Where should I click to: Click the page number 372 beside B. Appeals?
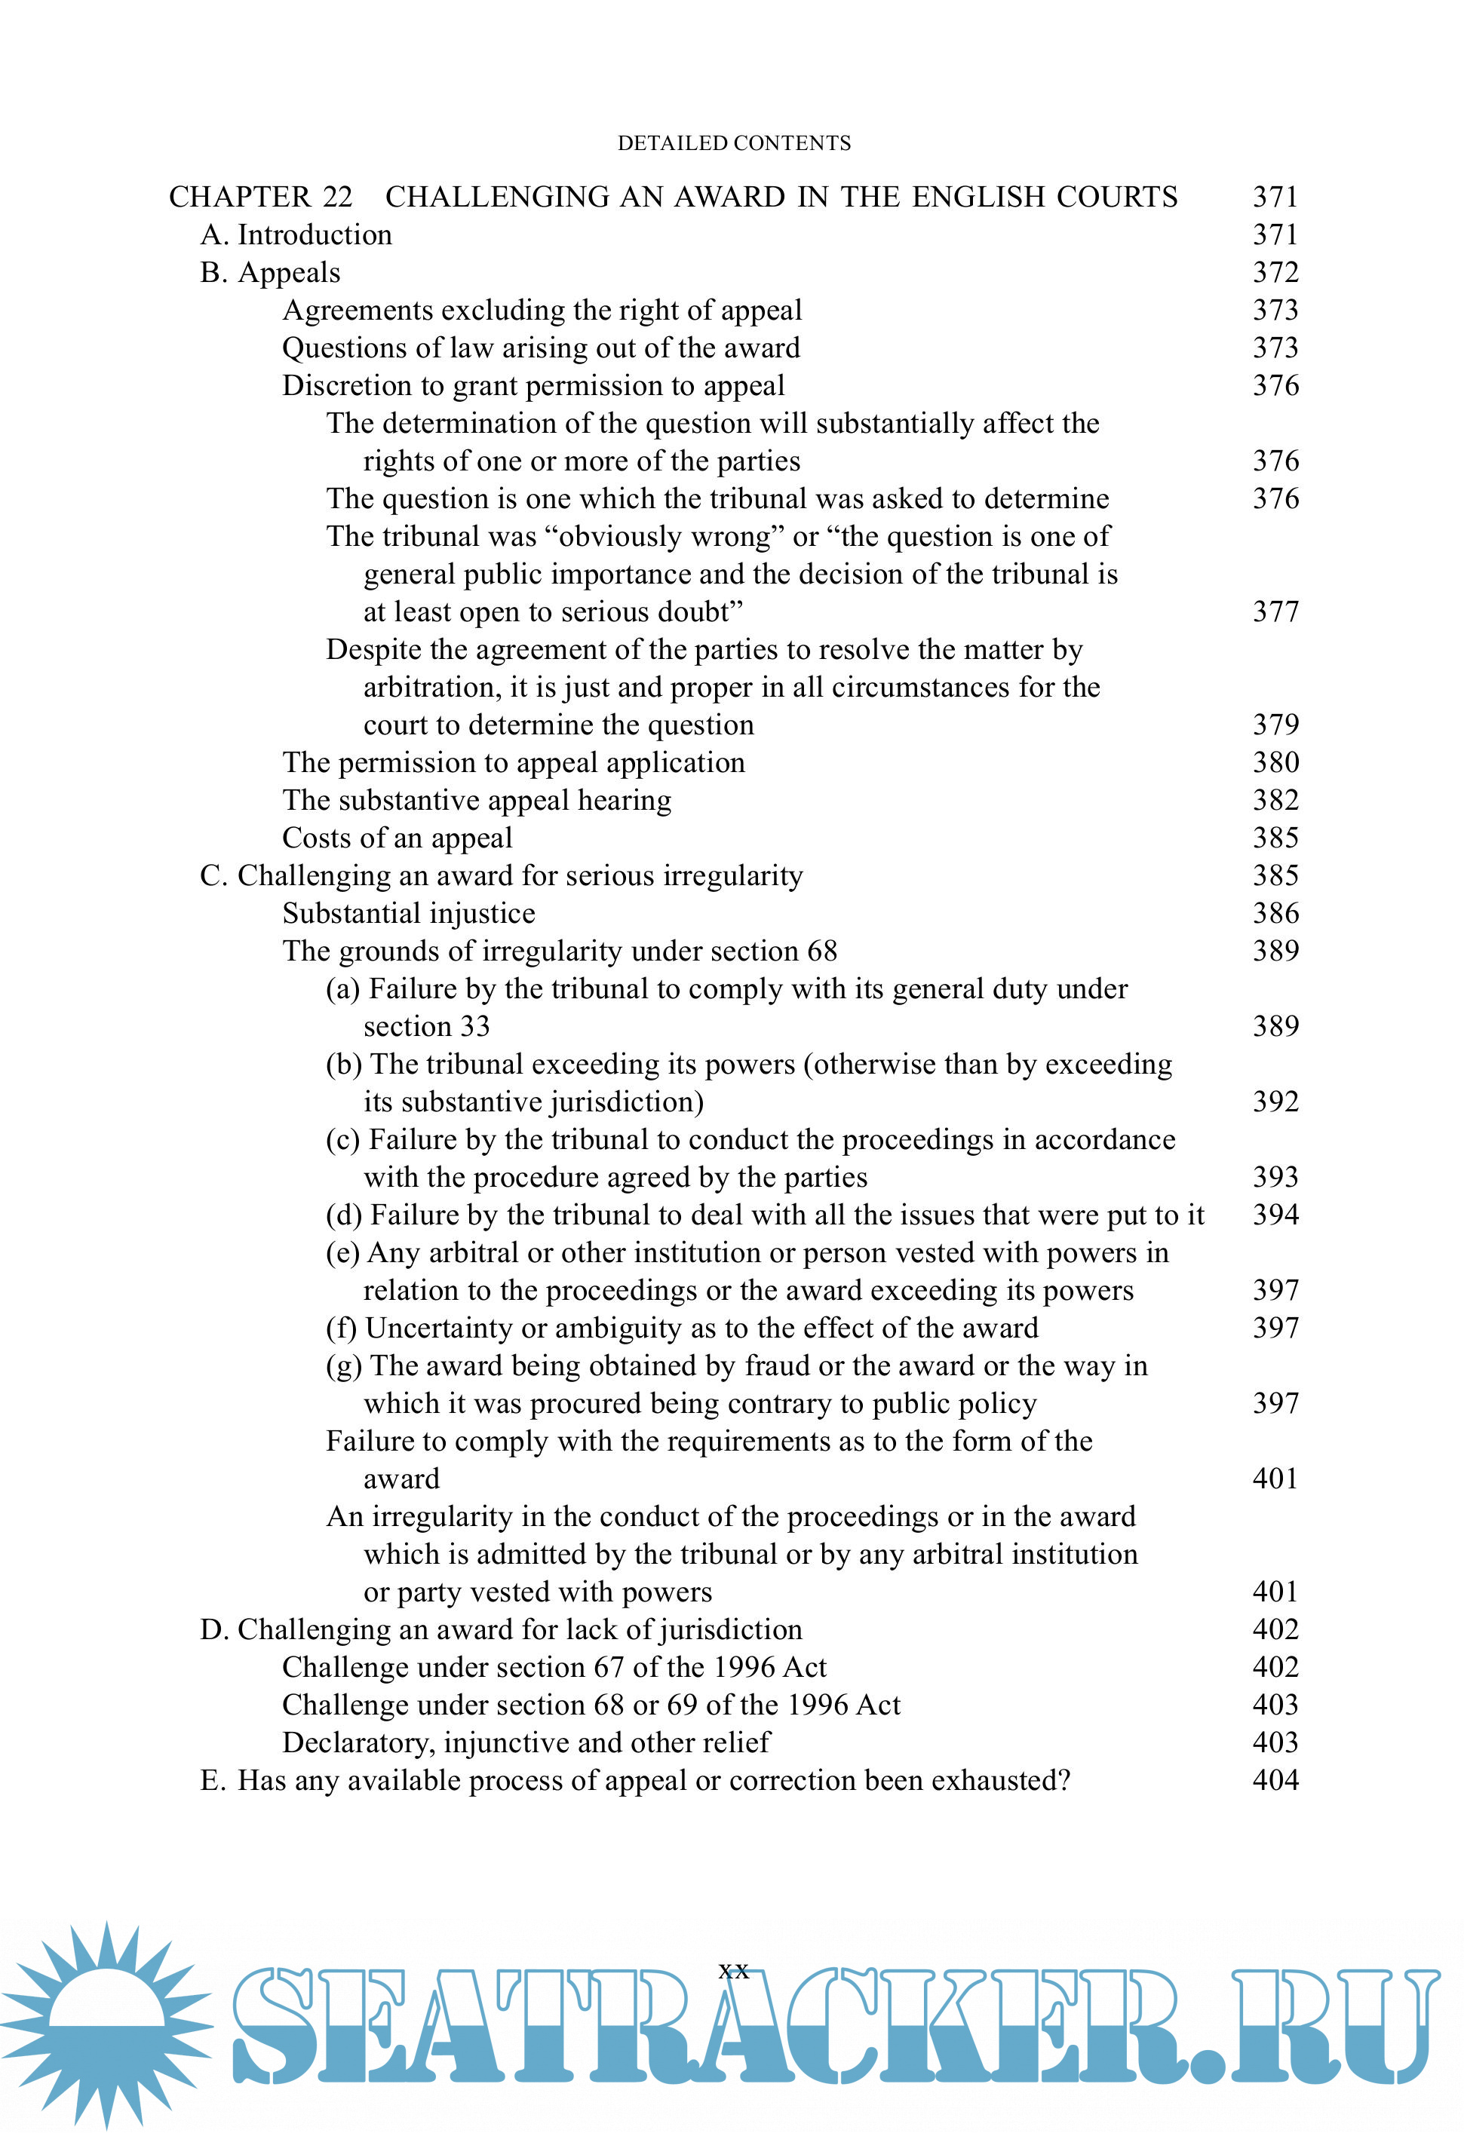[1275, 273]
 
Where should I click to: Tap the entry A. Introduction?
[296, 235]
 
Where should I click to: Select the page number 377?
[1275, 611]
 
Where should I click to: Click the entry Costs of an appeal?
[397, 838]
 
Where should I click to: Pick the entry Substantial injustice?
[409, 913]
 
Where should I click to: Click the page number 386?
[1275, 913]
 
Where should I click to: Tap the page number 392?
[1275, 1102]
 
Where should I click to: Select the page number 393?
[1275, 1177]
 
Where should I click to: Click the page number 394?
[1275, 1214]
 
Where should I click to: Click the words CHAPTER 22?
[261, 198]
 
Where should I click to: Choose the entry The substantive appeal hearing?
[477, 800]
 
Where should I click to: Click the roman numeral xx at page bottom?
[733, 1969]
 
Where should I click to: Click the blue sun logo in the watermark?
[107, 2024]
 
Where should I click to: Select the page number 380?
[1275, 763]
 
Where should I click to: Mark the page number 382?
[1275, 800]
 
